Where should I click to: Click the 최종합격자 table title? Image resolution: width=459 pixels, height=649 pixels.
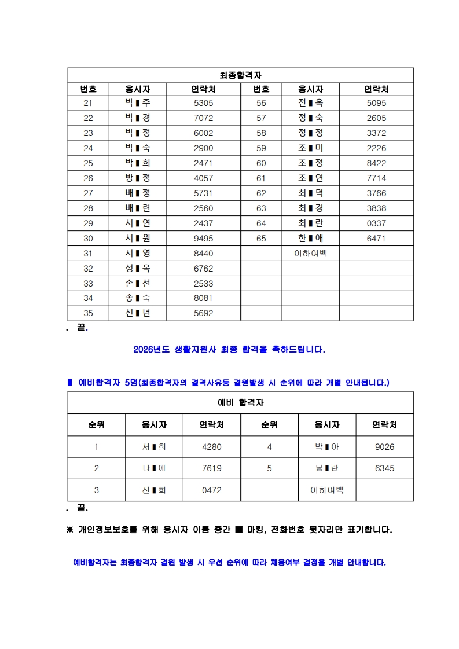(241, 75)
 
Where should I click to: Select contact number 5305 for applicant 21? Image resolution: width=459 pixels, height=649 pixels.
(203, 103)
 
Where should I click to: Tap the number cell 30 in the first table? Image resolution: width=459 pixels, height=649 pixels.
(88, 239)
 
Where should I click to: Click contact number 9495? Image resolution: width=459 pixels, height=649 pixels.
(203, 239)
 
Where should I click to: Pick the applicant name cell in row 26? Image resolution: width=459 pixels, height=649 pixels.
(138, 178)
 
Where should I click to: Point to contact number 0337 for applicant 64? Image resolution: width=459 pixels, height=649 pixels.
(376, 223)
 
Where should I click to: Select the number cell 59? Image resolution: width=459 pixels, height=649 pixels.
(261, 148)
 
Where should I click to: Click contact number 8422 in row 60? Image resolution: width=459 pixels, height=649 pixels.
(376, 163)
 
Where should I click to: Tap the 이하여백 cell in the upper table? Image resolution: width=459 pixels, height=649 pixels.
(310, 253)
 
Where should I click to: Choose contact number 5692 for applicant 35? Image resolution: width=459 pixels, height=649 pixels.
(203, 313)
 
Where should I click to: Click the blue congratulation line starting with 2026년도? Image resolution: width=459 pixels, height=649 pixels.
(229, 350)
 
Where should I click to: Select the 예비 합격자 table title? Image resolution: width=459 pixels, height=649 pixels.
(241, 402)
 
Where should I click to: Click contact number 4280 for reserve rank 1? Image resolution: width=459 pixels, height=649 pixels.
(212, 447)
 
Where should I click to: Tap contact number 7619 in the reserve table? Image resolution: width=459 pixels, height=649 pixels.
(212, 468)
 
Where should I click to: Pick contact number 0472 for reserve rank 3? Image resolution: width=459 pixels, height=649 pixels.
(212, 490)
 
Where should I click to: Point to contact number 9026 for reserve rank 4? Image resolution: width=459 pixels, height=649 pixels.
(384, 447)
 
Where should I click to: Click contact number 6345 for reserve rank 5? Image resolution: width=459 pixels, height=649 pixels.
(384, 468)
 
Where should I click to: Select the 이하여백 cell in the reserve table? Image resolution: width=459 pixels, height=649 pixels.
(326, 490)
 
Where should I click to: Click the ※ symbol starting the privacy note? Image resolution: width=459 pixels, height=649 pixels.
(71, 530)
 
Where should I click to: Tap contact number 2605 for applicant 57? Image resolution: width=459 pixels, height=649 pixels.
(376, 118)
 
